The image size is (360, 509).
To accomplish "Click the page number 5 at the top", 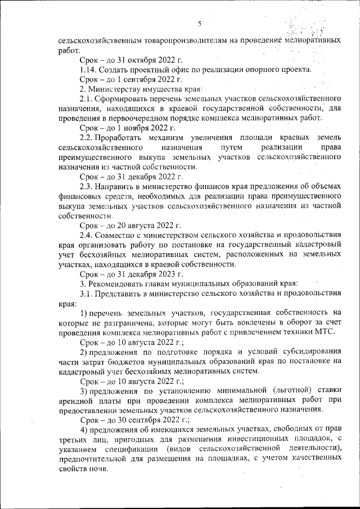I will tap(200, 23).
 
